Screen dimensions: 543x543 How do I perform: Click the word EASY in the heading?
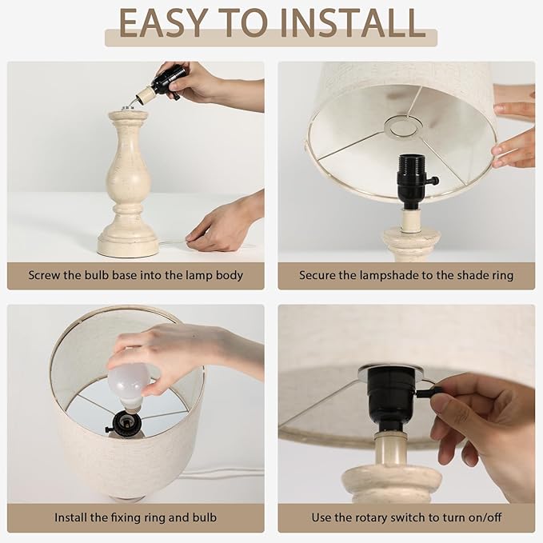(163, 22)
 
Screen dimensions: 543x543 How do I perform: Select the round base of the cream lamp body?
(128, 245)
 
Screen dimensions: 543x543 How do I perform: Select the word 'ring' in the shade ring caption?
(503, 276)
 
